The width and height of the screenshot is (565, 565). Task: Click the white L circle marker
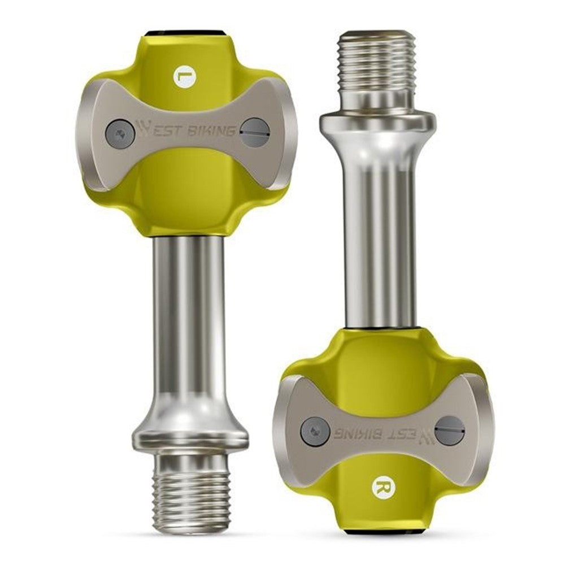click(185, 76)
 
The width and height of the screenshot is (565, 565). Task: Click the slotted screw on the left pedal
click(255, 132)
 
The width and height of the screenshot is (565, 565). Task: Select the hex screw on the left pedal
click(120, 134)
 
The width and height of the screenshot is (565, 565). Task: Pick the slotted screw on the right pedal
click(449, 430)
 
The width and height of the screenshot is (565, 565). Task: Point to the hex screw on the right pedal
click(315, 432)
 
